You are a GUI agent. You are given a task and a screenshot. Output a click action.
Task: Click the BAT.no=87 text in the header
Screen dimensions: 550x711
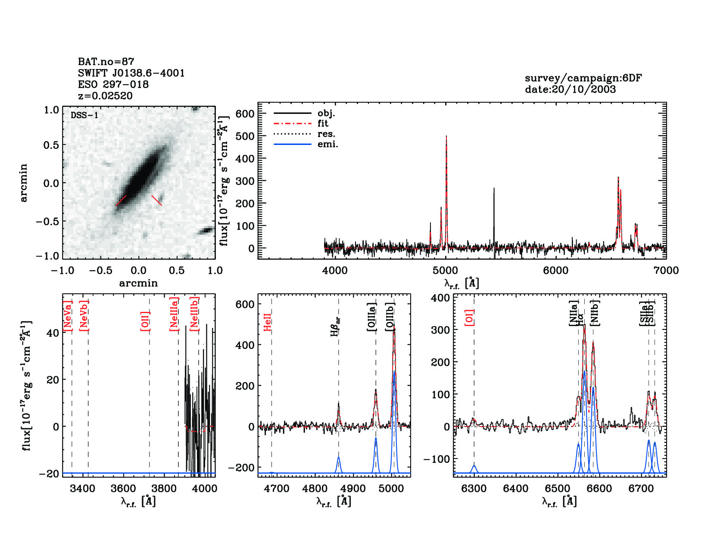coord(106,62)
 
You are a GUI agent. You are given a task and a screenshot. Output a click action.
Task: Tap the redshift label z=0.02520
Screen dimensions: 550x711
coord(105,96)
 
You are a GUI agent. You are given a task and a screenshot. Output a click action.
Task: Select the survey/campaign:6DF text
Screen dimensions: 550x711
coord(583,78)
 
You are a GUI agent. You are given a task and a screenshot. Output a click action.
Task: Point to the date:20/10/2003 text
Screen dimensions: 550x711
coord(570,89)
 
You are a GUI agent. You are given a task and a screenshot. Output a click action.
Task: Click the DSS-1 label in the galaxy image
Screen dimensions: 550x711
coord(84,116)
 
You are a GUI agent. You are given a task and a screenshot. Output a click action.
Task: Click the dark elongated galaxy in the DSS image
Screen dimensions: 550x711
coord(140,177)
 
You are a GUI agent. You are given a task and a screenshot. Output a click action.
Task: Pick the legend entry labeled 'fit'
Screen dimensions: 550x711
coord(323,123)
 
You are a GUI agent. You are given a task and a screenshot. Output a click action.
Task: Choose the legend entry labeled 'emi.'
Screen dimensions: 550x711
coord(327,144)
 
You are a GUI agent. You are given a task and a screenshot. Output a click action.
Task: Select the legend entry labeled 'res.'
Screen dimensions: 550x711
coord(326,134)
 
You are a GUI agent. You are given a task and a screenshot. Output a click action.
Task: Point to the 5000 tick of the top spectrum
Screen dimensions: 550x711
coord(446,270)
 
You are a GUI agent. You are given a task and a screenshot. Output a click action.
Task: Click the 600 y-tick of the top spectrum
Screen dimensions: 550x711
coord(245,114)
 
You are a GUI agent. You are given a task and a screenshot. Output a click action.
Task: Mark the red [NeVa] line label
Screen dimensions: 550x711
coord(67,316)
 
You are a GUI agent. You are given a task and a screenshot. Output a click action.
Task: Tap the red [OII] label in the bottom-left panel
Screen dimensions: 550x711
coord(145,321)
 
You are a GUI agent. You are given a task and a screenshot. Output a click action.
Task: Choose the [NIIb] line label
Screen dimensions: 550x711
coord(595,312)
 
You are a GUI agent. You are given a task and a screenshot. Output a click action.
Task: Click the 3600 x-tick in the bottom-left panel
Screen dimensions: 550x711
coord(124,488)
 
